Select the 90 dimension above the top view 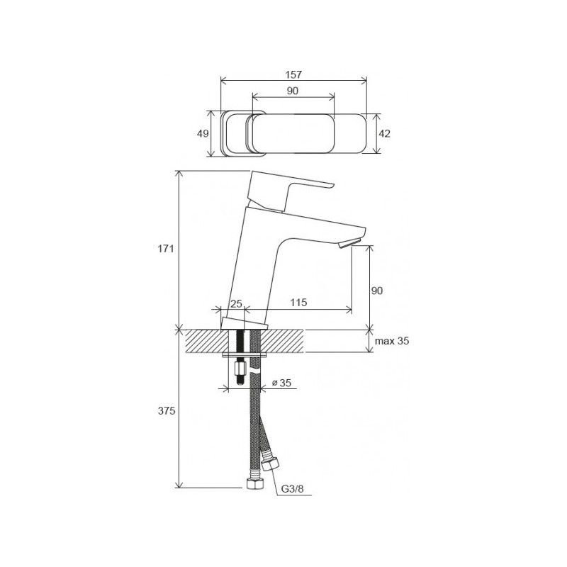293,90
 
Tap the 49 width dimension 202,134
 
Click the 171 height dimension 166,249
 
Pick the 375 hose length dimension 166,410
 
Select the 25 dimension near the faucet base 237,303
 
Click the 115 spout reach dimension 298,303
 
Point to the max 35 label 392,342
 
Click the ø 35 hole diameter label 283,383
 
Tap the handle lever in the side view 291,188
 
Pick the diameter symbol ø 275,383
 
